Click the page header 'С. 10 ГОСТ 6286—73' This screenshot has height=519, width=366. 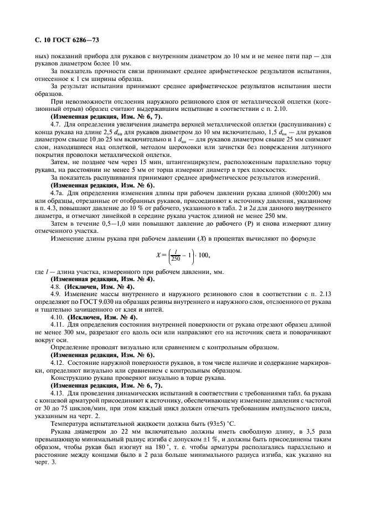(x=64, y=40)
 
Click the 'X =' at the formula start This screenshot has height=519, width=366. (x=162, y=256)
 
